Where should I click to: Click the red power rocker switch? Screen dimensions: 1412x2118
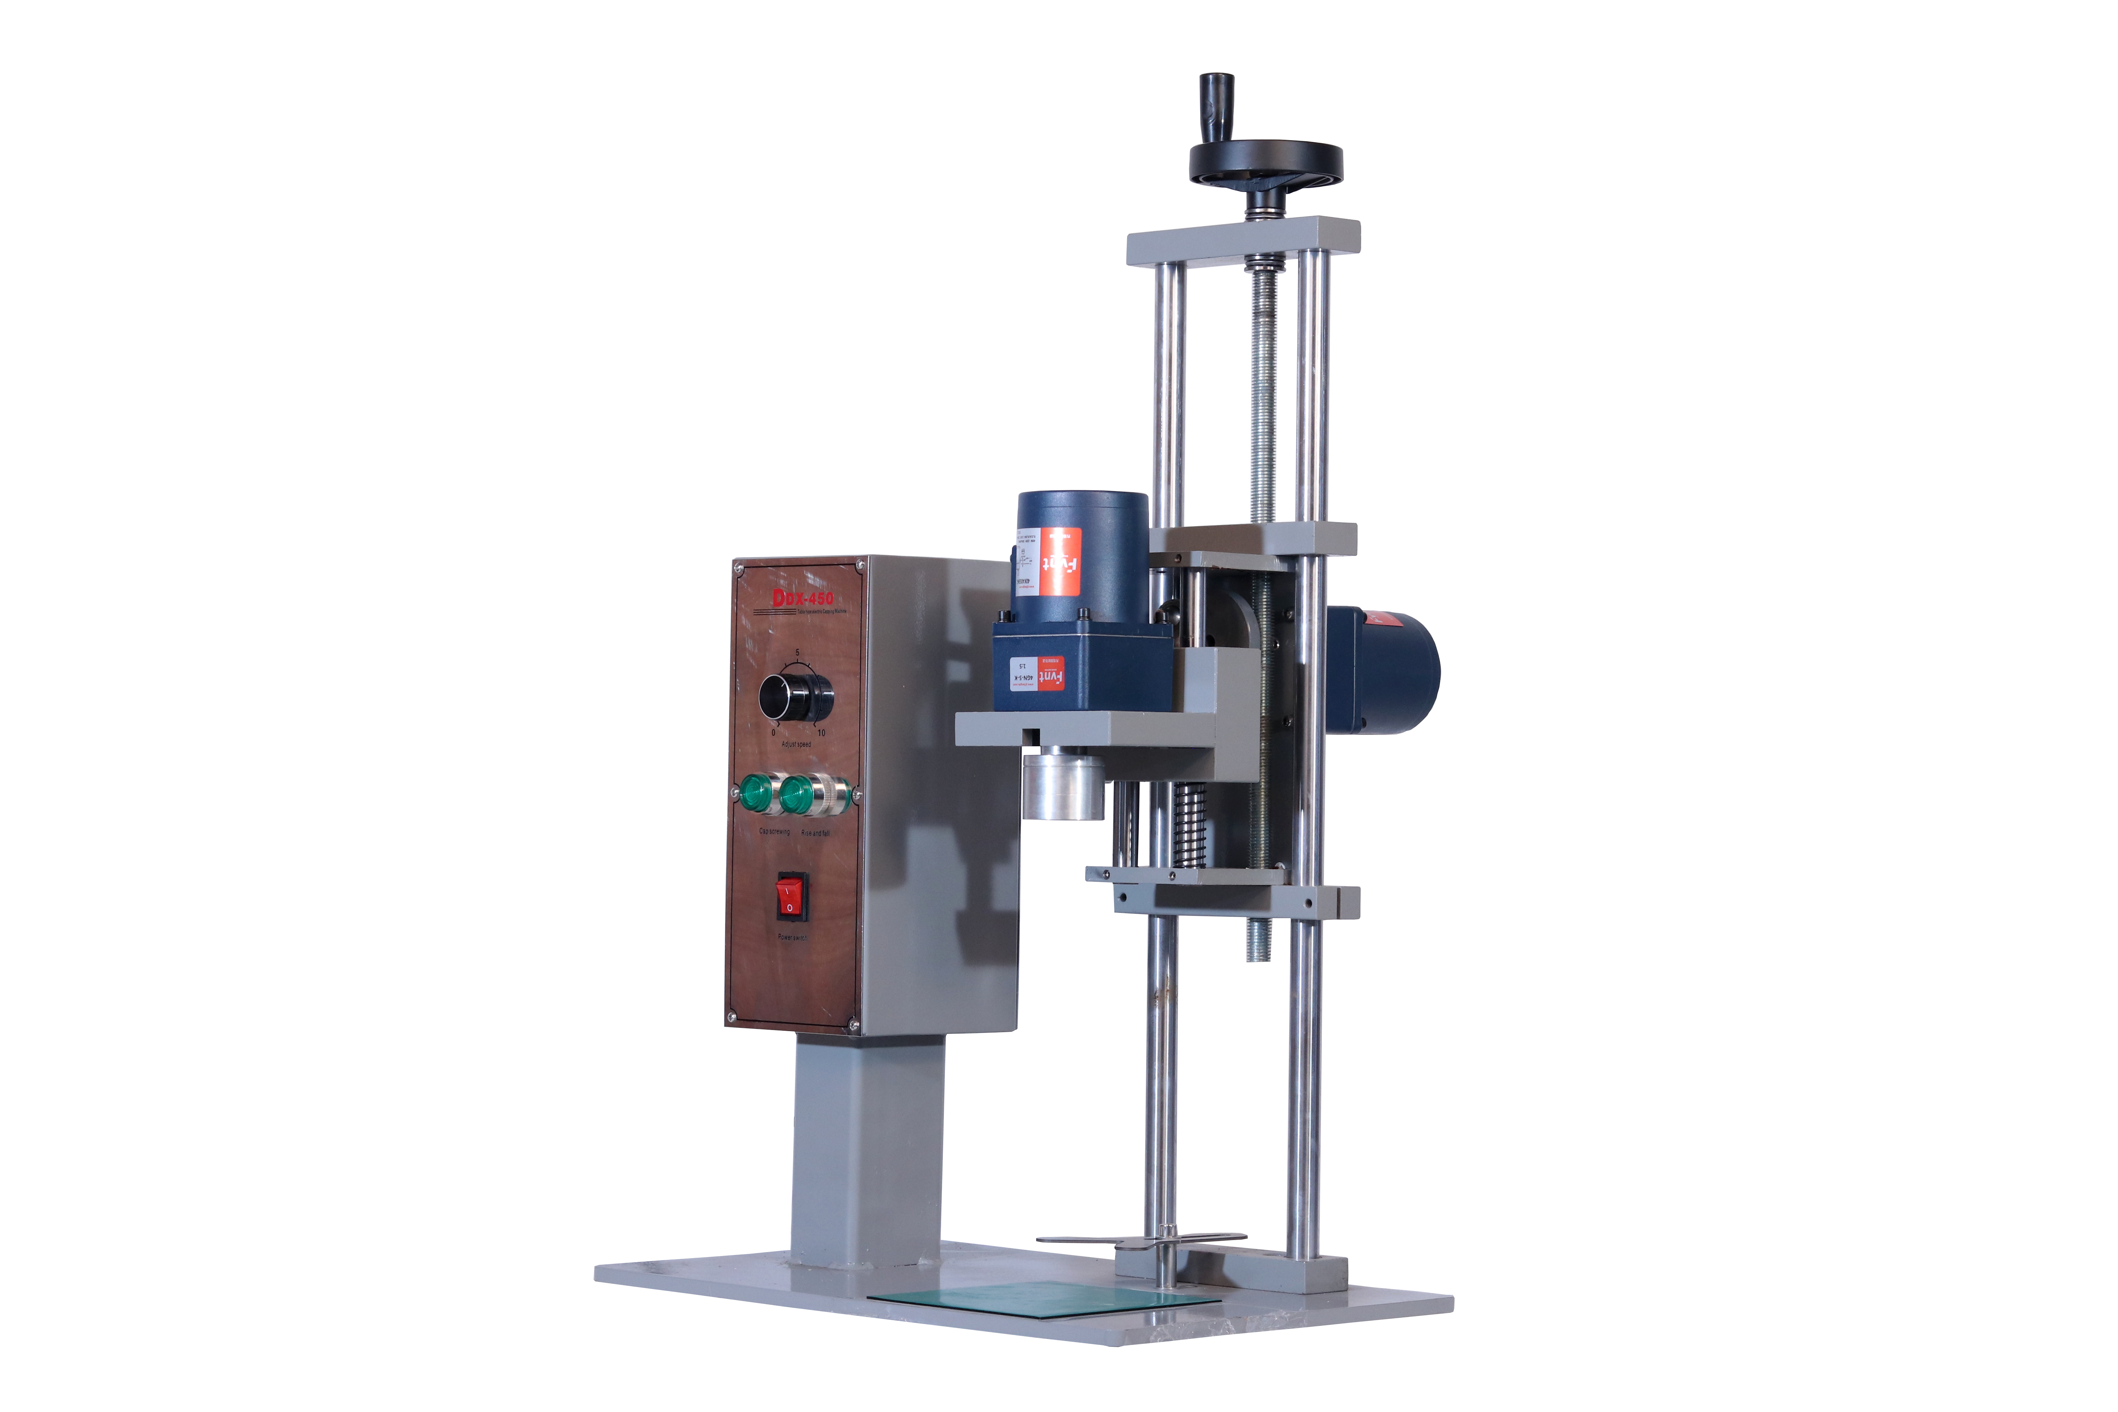pyautogui.click(x=791, y=896)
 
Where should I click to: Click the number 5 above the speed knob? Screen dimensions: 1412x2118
pyautogui.click(x=797, y=652)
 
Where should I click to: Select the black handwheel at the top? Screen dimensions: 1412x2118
pyautogui.click(x=1265, y=165)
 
